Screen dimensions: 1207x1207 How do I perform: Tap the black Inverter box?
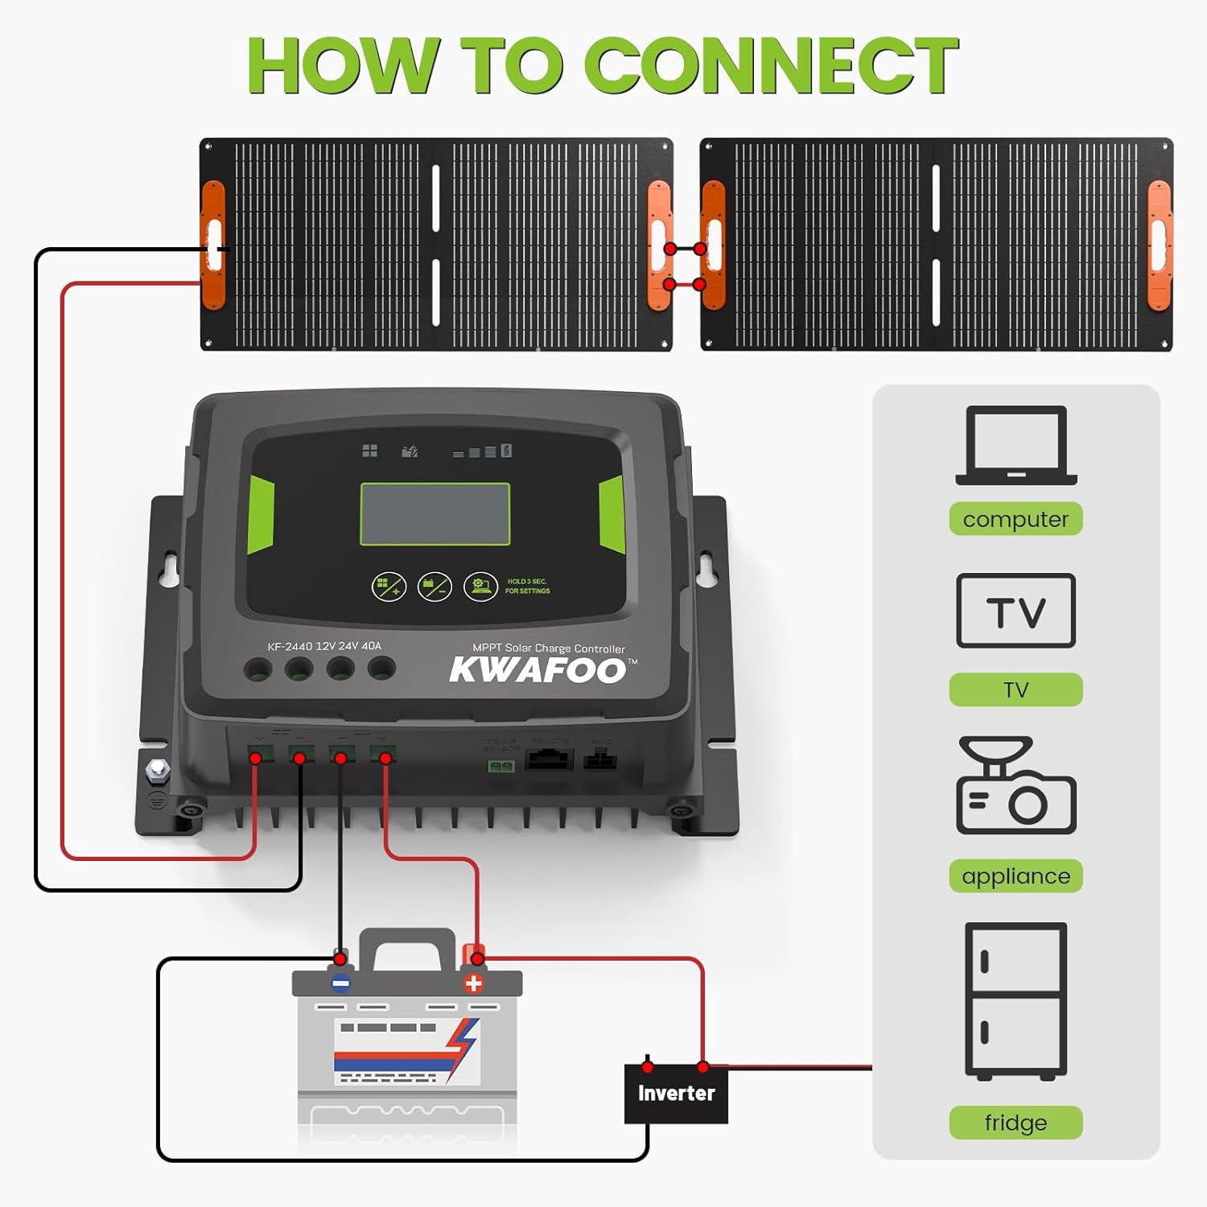pos(676,1093)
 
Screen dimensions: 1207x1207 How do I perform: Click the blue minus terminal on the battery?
pos(340,982)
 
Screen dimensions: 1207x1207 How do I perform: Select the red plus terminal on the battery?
pos(474,982)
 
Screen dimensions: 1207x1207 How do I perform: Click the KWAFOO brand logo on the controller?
pos(538,670)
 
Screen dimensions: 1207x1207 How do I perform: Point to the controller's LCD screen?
pos(435,515)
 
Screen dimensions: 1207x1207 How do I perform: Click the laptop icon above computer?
pos(1015,446)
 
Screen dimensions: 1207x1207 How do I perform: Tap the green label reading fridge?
pos(1015,1123)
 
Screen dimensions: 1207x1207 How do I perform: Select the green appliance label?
pos(1015,876)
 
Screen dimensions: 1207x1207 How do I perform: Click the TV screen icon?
pos(1015,611)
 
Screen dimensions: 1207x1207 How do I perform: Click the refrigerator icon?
pos(1015,1001)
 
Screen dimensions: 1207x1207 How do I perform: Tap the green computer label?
pos(1015,519)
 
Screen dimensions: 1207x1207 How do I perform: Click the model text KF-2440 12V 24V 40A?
pos(324,646)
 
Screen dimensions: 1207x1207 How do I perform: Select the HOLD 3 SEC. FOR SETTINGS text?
pos(527,586)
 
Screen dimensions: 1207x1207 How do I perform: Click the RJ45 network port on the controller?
pos(549,759)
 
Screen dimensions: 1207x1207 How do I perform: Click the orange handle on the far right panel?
pos(1159,245)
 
